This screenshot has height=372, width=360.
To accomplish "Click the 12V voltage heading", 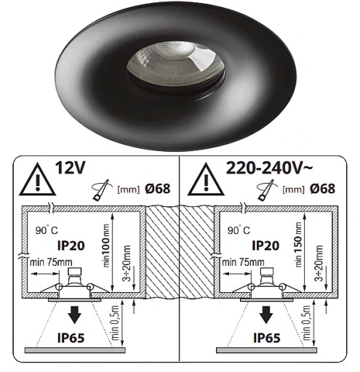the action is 71,168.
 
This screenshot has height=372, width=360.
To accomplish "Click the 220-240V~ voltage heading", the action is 269,168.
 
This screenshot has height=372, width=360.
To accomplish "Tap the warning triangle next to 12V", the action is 37,179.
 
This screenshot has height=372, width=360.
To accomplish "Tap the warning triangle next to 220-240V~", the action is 206,179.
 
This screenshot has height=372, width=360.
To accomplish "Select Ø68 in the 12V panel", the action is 158,189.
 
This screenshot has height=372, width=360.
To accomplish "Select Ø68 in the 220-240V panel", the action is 323,189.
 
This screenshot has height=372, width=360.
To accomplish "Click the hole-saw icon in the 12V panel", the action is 102,190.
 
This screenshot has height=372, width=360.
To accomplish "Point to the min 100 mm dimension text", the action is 106,246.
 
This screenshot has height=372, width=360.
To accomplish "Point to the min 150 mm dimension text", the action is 299,245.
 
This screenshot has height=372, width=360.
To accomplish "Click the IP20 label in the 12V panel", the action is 71,246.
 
